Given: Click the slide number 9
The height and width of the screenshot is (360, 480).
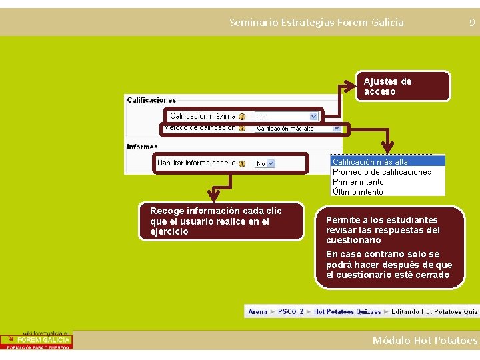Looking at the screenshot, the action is (472, 23).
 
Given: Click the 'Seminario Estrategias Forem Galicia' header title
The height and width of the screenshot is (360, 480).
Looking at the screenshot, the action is (316, 22).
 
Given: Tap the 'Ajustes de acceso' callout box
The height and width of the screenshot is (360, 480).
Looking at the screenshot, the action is (403, 87).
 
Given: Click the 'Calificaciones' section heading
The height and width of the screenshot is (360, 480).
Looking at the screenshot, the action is (151, 100).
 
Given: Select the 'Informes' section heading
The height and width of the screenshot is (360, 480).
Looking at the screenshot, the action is (142, 147).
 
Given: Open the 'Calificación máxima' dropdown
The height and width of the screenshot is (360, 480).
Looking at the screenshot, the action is (297, 115).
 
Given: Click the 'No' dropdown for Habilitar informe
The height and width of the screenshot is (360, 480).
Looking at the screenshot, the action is (265, 163).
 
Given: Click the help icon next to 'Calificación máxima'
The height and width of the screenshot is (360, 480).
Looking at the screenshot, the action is (242, 116).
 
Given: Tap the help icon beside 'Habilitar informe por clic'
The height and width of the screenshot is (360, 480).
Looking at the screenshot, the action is (242, 163).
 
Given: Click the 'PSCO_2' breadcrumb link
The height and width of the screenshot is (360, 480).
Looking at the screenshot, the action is (291, 311).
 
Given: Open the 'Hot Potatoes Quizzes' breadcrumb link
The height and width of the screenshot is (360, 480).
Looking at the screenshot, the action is (347, 311).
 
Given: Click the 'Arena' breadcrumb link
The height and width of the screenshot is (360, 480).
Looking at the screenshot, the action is (258, 311).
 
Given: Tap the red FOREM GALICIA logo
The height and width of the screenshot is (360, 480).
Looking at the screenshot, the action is (37, 340).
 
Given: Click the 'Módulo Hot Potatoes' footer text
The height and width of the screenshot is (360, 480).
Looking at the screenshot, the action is (425, 341).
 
